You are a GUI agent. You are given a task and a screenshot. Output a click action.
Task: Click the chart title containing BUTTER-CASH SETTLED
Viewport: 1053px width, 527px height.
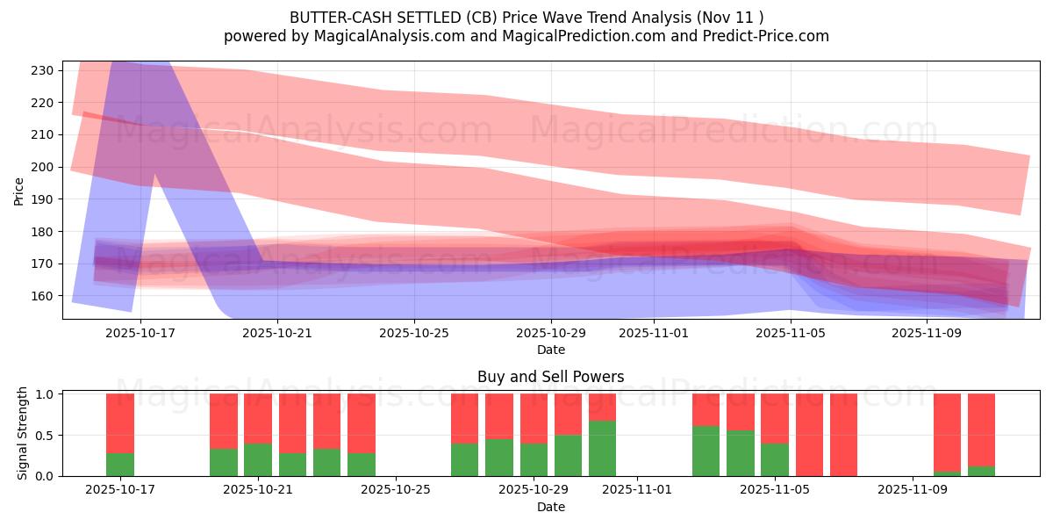(526, 18)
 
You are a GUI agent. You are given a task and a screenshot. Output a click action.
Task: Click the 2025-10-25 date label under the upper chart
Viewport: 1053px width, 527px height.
(414, 334)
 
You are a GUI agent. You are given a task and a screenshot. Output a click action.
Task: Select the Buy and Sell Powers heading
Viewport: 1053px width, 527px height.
(550, 377)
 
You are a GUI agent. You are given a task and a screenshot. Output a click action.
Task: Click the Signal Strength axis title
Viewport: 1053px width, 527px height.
(23, 434)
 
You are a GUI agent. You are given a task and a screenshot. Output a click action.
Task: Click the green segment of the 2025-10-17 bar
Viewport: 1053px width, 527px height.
(120, 465)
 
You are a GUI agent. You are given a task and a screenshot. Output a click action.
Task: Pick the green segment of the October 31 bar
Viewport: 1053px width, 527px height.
(602, 449)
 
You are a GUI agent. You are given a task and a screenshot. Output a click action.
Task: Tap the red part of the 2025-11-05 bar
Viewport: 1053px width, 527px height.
(775, 418)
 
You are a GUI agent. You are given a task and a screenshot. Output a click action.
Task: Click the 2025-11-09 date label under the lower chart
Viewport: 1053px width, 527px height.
(913, 490)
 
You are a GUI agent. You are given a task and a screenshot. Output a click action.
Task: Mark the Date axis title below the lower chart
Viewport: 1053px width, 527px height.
(550, 507)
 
